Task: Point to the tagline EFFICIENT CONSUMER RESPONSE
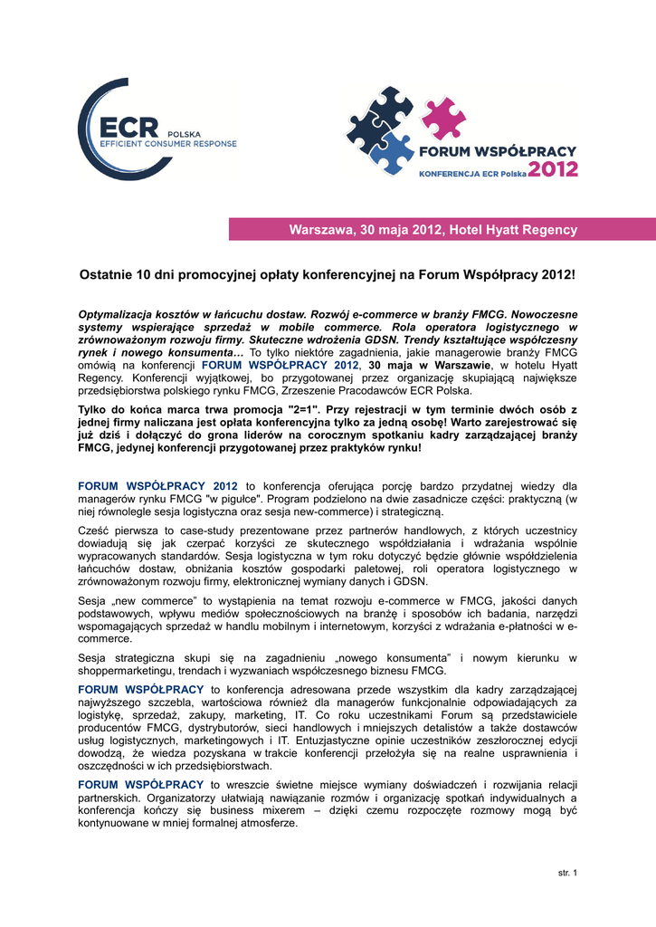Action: coord(167,144)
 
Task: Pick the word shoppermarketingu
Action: coord(128,670)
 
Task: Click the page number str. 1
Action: coord(567,873)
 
